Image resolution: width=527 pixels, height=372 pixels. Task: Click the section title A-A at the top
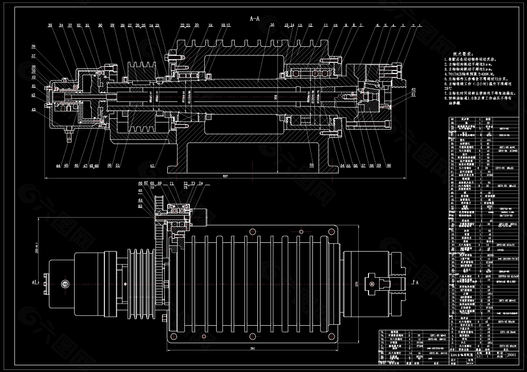[255, 18]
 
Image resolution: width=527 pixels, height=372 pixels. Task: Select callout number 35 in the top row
[50, 25]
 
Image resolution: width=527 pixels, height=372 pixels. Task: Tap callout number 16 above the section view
[272, 25]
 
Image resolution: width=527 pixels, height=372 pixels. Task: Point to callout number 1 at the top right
[420, 25]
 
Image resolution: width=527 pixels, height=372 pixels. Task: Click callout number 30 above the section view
[99, 25]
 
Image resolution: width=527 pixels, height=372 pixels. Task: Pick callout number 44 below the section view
[58, 166]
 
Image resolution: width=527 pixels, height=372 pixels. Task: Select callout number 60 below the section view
[388, 166]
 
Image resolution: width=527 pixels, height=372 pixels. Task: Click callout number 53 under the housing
[311, 166]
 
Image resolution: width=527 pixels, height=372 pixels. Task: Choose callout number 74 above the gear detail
[200, 183]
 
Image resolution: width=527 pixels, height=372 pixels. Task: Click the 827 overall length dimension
[224, 176]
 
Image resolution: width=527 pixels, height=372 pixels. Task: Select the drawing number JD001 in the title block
[511, 354]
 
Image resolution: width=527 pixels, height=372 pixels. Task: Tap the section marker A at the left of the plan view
[32, 282]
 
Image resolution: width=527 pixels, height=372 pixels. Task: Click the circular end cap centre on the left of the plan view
[65, 283]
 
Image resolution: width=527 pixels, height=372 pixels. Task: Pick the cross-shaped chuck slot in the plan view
[374, 282]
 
